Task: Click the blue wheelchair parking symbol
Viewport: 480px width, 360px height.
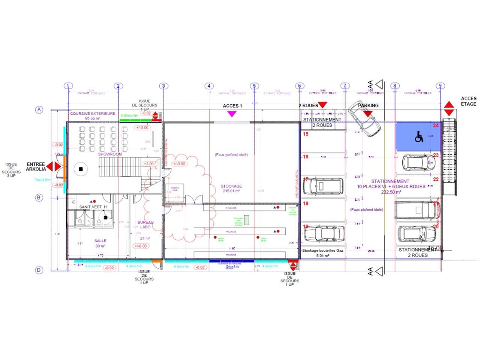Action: [x=418, y=137]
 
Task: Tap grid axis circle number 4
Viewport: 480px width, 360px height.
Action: [x=209, y=86]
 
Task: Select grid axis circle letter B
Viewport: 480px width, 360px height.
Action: [x=39, y=198]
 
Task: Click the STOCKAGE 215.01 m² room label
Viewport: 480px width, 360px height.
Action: [x=231, y=188]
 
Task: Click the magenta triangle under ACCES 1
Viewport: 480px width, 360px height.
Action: [x=232, y=114]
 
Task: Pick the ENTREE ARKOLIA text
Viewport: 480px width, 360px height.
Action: [x=36, y=166]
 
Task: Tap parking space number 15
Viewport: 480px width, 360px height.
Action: [x=306, y=134]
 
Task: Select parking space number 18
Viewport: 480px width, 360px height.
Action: [x=306, y=204]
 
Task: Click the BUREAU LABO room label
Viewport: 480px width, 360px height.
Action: [x=145, y=225]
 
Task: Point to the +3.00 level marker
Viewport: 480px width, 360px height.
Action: [x=148, y=164]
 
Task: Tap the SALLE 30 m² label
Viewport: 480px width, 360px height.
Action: [x=100, y=243]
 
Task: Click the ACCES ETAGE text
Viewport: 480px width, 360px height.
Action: [x=468, y=101]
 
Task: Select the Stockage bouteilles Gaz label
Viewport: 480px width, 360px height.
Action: [x=322, y=253]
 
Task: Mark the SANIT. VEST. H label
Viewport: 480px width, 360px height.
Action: [x=93, y=207]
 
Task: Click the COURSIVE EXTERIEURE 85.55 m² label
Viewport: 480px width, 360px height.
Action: [x=93, y=115]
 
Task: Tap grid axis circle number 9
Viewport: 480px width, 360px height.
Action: [x=441, y=86]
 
